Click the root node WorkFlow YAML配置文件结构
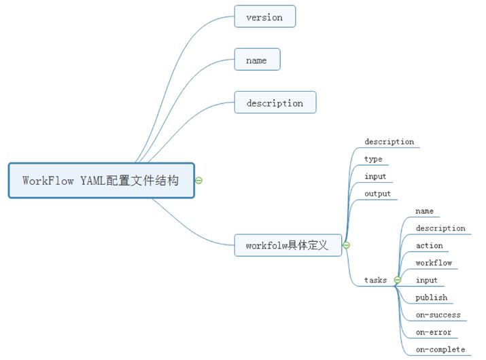click(x=101, y=181)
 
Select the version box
click(x=264, y=17)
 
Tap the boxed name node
click(x=256, y=60)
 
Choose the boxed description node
click(x=275, y=103)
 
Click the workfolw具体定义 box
click(x=288, y=245)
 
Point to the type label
click(x=373, y=159)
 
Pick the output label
click(x=377, y=194)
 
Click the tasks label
click(x=375, y=280)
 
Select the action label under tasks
click(x=429, y=245)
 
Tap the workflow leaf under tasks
click(x=434, y=263)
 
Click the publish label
click(x=431, y=298)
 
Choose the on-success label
click(x=438, y=314)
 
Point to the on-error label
click(x=434, y=332)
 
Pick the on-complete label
click(x=440, y=349)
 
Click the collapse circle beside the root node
click(x=199, y=181)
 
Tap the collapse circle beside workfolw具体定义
click(x=346, y=245)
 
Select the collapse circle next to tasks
click(x=398, y=280)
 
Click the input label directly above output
click(x=375, y=176)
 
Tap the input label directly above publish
click(x=426, y=280)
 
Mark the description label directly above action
click(x=440, y=228)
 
